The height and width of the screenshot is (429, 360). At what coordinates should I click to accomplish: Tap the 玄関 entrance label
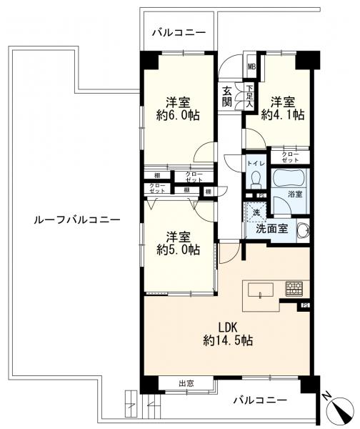point(226,96)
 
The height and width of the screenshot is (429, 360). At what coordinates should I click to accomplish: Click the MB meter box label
point(251,67)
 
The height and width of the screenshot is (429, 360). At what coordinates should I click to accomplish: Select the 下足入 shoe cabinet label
point(249,96)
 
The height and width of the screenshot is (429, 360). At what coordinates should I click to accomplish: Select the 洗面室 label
point(273,230)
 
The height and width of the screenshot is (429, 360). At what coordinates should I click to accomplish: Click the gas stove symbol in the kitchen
point(294,289)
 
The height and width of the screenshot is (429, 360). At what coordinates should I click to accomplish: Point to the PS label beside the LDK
point(305,306)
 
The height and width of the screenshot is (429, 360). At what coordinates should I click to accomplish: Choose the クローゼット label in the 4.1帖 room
point(289,157)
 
